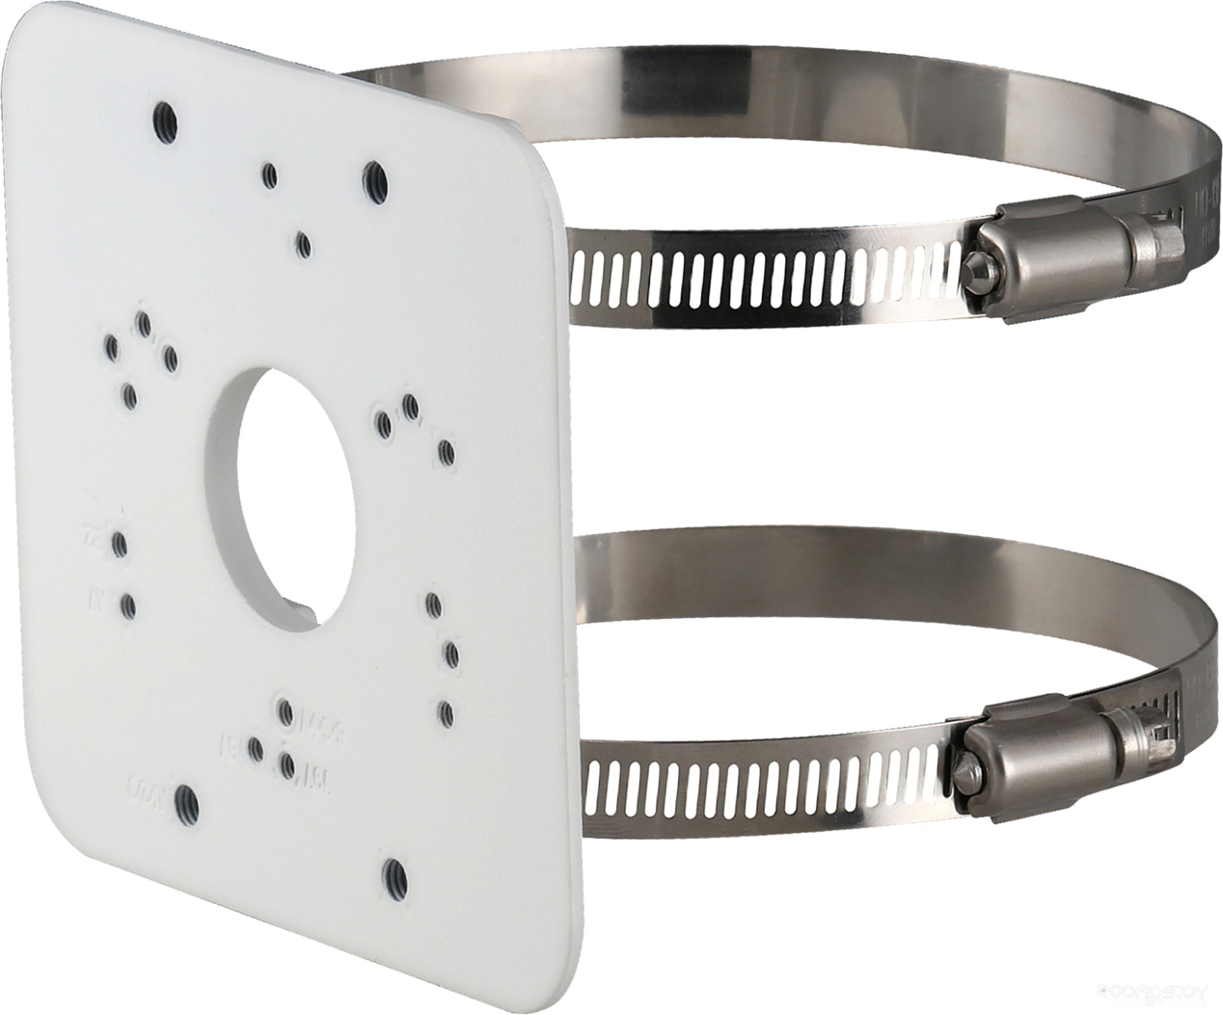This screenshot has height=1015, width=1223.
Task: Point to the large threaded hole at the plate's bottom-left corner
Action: click(186, 804)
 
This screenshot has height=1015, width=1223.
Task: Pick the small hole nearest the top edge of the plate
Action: click(269, 176)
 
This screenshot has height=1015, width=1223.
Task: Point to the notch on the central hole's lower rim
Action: click(302, 612)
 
